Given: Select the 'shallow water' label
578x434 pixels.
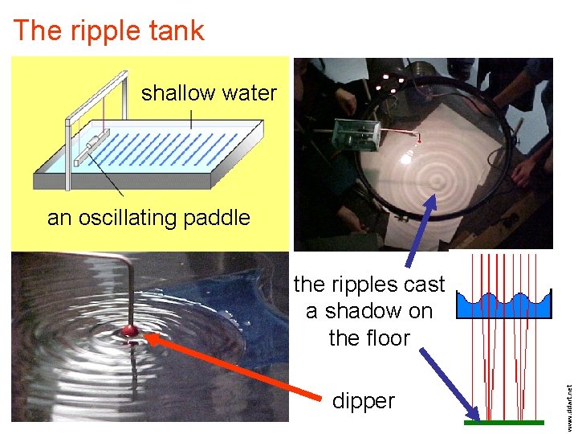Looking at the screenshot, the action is tap(209, 93).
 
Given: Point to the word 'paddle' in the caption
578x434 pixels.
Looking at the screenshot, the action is tap(217, 219).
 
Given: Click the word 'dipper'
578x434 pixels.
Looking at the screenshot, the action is tap(364, 401).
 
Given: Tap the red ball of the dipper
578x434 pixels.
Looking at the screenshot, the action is tap(129, 330).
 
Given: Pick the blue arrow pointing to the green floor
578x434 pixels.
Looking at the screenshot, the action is tap(450, 385).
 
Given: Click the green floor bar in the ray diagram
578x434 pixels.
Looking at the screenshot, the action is tap(504, 423).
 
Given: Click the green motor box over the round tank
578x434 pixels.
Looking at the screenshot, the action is tap(356, 135).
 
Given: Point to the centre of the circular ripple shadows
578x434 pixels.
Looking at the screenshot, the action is tap(438, 180).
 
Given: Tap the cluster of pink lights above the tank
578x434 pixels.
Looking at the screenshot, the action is tap(390, 84).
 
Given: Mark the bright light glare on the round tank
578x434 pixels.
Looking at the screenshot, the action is tap(405, 158).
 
